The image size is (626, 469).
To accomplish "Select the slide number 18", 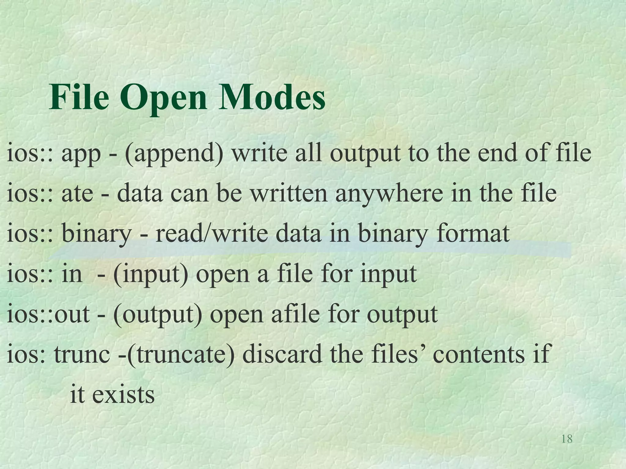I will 567,439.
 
